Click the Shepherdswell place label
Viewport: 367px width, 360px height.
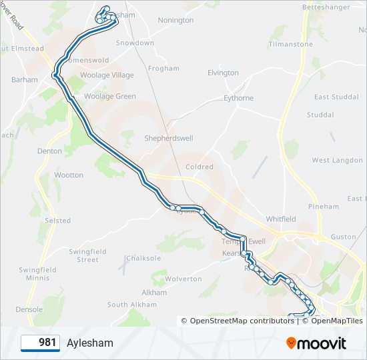(169, 138)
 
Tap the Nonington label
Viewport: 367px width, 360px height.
(175, 20)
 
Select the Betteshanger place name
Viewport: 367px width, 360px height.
(326, 7)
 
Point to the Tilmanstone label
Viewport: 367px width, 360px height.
(290, 44)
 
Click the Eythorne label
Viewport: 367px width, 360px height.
(238, 98)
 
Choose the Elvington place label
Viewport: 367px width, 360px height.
(223, 73)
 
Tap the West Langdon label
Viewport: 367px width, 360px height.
(337, 160)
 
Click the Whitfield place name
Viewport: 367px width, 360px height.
(280, 219)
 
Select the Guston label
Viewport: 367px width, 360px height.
(343, 237)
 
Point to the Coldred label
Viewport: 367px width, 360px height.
(199, 167)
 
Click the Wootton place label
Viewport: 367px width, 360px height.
(69, 175)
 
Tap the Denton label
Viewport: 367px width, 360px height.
(49, 151)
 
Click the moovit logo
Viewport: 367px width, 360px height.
(316, 343)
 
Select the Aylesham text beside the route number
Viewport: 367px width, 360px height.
(90, 343)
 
